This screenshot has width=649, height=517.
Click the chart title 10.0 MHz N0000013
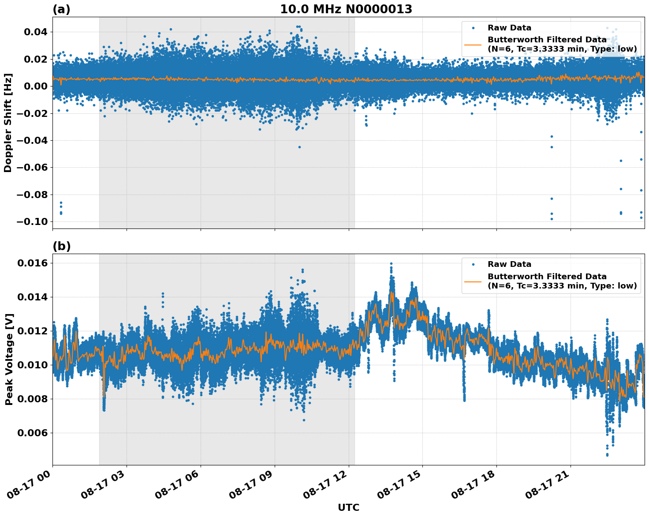tap(346, 9)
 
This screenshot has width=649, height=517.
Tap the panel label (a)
tap(61, 9)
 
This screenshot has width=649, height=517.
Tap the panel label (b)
tap(61, 246)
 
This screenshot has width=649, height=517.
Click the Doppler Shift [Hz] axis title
tap(8, 123)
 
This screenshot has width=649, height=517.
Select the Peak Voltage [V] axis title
tap(9, 360)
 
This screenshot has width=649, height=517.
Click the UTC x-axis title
tap(348, 507)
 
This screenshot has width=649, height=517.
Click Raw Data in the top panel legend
tap(509, 28)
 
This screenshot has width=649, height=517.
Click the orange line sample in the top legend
tap(473, 44)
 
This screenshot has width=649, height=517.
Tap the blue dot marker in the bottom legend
tap(473, 264)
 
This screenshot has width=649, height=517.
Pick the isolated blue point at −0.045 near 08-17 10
tap(299, 147)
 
